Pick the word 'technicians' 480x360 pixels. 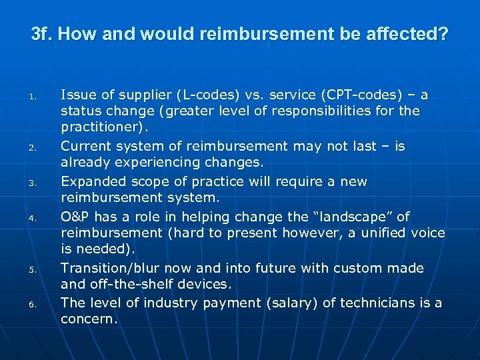pos(371,303)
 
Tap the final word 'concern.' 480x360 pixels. pos(89,319)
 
